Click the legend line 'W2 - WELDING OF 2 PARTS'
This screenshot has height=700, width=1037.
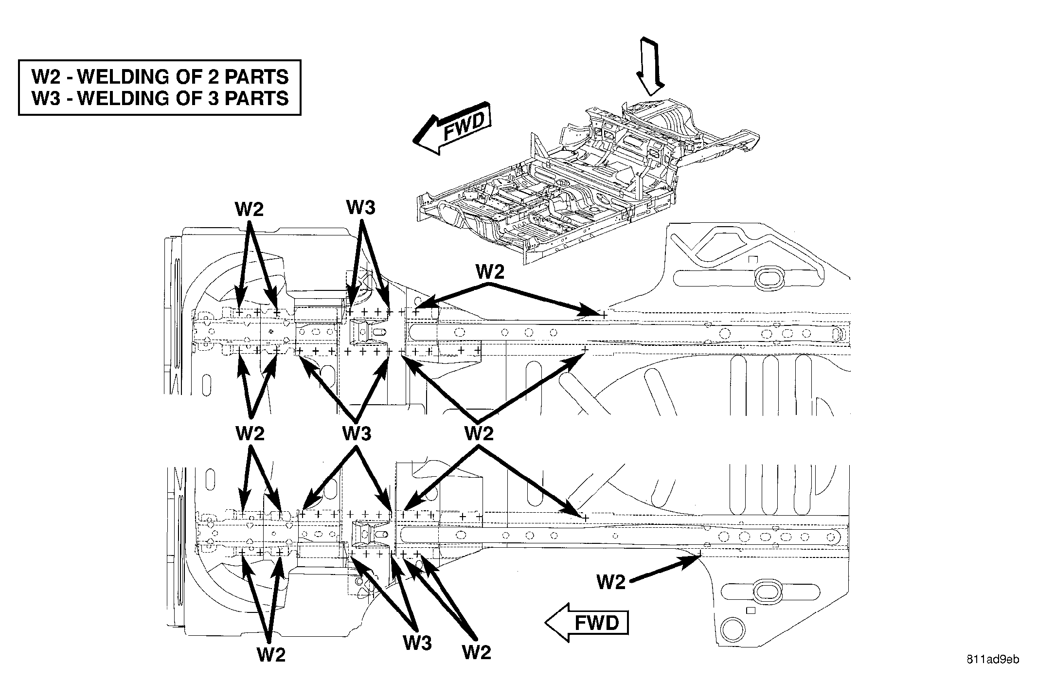pos(160,77)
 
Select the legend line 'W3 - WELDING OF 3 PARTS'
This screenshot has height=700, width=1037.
pos(160,98)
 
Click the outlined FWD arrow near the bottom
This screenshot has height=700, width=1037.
pos(587,623)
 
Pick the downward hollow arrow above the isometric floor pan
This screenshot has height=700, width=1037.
pos(650,66)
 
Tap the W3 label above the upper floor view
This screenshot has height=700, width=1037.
pos(361,208)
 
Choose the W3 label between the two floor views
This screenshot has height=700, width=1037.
pos(357,432)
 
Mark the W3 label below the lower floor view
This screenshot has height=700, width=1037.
pos(417,643)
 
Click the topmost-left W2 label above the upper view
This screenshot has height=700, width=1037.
pos(249,209)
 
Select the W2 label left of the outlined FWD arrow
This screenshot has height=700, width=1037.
pos(611,582)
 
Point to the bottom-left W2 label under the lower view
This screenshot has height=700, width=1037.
pos(271,655)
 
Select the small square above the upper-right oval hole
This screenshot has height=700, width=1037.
pos(753,259)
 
